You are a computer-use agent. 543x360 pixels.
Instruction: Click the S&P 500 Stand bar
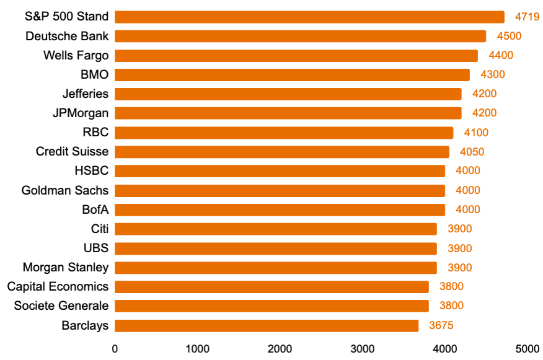[x=309, y=17]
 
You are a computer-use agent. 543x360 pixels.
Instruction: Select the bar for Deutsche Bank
[x=300, y=36]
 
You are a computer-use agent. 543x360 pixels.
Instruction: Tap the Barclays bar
[x=267, y=325]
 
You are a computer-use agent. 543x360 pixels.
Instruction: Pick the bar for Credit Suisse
[x=282, y=152]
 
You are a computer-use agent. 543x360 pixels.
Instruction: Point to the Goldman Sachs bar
[x=280, y=190]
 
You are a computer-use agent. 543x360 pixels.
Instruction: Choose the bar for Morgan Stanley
[x=276, y=268]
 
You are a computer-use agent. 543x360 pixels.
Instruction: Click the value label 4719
[x=528, y=17]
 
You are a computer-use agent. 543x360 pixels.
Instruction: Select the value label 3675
[x=441, y=325]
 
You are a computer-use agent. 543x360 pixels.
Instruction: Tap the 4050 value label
[x=472, y=152]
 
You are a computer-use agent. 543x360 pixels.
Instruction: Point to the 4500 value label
[x=509, y=36]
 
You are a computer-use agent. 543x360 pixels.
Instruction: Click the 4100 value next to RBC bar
[x=476, y=133]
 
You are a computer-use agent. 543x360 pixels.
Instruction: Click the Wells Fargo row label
[x=76, y=55]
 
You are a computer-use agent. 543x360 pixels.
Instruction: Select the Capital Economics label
[x=58, y=287]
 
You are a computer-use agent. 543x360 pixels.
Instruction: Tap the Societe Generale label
[x=61, y=306]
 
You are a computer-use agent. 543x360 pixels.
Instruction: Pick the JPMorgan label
[x=81, y=113]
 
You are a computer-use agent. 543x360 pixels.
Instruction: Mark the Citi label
[x=99, y=229]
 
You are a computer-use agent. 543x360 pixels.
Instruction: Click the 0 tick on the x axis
[x=115, y=349]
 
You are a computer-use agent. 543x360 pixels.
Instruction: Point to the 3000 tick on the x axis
[x=363, y=349]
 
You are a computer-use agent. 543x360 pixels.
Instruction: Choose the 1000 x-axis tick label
[x=197, y=349]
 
